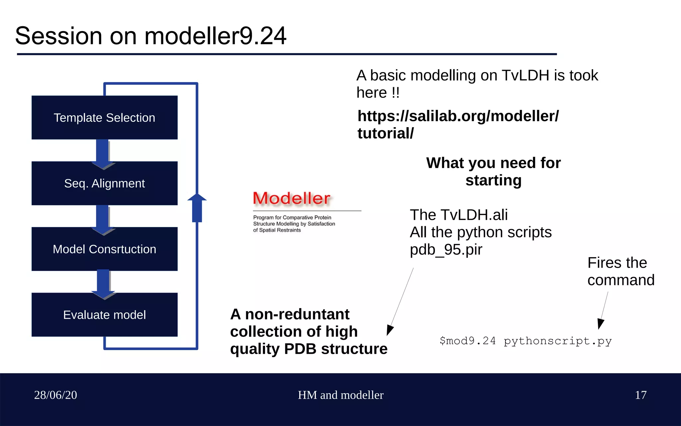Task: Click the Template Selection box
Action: [104, 117]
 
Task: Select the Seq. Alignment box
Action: [104, 183]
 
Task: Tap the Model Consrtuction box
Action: [104, 249]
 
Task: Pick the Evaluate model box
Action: [104, 315]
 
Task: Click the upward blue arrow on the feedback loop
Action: [197, 208]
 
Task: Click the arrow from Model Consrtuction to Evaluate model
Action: [103, 283]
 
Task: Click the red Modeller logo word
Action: [292, 198]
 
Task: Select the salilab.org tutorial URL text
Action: [458, 124]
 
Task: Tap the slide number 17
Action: [640, 395]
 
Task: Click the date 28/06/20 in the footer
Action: [56, 395]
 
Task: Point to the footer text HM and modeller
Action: [340, 395]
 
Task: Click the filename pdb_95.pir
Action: [446, 250]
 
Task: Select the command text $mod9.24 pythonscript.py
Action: [525, 341]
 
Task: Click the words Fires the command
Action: [620, 271]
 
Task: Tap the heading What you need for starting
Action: [493, 171]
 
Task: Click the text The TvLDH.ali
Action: [459, 215]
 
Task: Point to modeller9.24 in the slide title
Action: [215, 36]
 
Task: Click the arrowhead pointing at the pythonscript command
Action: [601, 323]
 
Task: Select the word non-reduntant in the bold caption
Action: [297, 314]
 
